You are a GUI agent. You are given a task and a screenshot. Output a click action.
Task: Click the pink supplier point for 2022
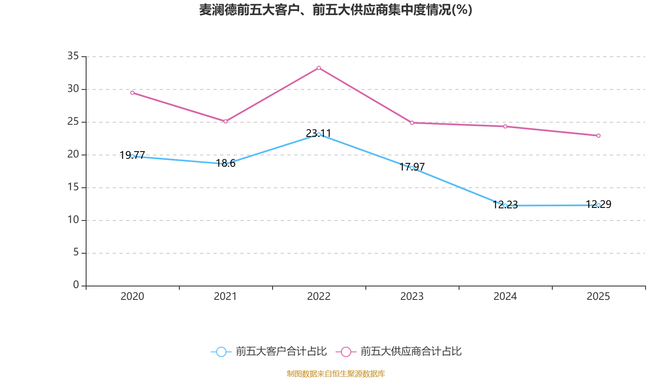tap(319, 68)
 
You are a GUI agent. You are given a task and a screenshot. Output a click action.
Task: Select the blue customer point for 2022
tap(319, 134)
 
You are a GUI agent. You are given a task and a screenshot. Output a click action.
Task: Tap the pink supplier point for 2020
tap(132, 93)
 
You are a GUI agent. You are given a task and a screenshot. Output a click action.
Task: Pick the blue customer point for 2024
tap(505, 205)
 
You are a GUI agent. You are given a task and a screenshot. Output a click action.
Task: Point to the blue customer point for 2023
tap(412, 168)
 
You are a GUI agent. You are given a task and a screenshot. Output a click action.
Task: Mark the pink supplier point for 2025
tap(598, 136)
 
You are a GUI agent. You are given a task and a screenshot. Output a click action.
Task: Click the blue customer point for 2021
tap(226, 164)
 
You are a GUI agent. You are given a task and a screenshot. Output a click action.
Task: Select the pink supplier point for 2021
tap(226, 121)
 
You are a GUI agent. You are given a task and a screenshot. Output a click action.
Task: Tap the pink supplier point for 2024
tap(505, 126)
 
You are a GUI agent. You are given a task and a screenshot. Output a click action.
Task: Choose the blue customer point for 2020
tap(132, 156)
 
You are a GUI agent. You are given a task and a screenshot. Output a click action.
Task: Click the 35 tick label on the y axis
tap(73, 56)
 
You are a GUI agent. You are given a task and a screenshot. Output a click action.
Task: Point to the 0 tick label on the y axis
tap(76, 285)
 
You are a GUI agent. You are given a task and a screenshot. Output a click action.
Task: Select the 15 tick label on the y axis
tap(73, 187)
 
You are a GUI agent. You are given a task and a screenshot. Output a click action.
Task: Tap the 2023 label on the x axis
tap(412, 297)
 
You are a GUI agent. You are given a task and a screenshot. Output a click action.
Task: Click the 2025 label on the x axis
tap(598, 297)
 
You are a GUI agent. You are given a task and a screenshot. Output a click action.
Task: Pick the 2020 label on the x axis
tap(132, 297)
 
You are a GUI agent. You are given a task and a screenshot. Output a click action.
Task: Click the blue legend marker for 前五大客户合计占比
tap(221, 352)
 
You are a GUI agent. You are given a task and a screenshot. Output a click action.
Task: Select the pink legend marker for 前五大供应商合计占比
tap(346, 352)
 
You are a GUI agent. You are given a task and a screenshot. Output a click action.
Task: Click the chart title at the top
tap(336, 10)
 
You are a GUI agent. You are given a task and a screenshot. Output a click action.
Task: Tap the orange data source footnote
tap(336, 373)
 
